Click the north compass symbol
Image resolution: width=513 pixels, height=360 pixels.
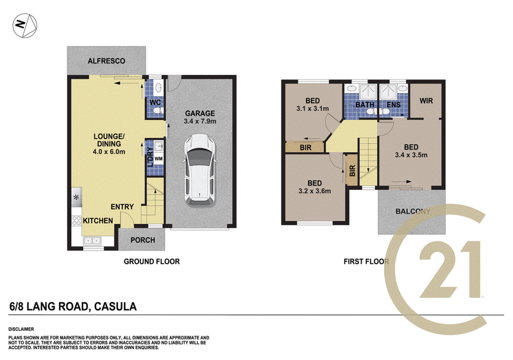pyautogui.click(x=25, y=26)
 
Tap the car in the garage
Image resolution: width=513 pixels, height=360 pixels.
pyautogui.click(x=199, y=170)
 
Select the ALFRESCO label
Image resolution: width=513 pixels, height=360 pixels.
pyautogui.click(x=106, y=61)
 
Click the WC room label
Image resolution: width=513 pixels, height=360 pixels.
pyautogui.click(x=155, y=103)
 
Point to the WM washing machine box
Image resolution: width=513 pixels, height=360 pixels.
pyautogui.click(x=158, y=159)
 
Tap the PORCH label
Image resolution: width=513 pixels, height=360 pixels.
pyautogui.click(x=142, y=240)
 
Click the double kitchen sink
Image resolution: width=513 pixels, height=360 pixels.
pyautogui.click(x=92, y=241)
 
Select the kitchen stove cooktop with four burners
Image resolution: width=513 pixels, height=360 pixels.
pyautogui.click(x=76, y=221)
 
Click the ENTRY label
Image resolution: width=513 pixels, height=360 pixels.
pyautogui.click(x=122, y=207)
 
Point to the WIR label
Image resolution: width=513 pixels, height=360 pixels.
pyautogui.click(x=426, y=101)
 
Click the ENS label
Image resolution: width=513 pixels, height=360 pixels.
pyautogui.click(x=394, y=105)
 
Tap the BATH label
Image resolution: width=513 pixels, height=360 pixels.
pyautogui.click(x=365, y=105)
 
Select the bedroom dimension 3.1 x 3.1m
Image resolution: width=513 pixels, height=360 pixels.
pyautogui.click(x=312, y=108)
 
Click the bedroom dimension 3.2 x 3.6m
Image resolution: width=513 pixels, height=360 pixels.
pyautogui.click(x=314, y=191)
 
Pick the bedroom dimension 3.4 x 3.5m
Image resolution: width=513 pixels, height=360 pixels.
pyautogui.click(x=411, y=155)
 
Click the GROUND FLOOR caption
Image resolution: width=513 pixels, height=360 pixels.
pyautogui.click(x=152, y=261)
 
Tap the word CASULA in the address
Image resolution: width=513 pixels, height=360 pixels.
pyautogui.click(x=115, y=307)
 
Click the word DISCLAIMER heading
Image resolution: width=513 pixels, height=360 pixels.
pyautogui.click(x=21, y=329)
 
